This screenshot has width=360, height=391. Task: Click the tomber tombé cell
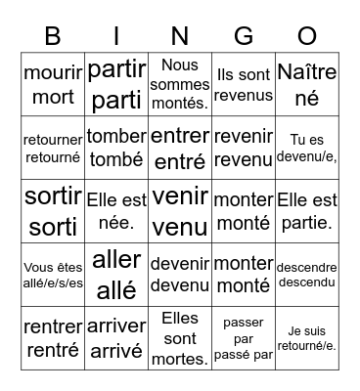point(116,148)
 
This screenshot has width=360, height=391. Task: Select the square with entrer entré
point(180,148)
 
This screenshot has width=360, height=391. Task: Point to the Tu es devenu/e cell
point(307,148)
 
